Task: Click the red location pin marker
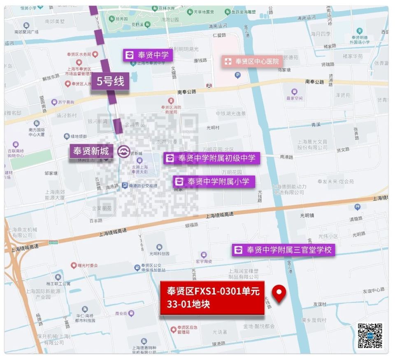click(280, 293)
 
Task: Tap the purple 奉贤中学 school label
click(148, 55)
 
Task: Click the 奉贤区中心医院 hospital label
click(252, 61)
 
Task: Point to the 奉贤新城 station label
click(91, 151)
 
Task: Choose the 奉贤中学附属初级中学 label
click(212, 158)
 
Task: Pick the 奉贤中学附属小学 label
click(214, 181)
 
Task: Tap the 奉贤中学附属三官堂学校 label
click(283, 249)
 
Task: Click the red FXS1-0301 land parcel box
click(212, 298)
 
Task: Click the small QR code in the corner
click(370, 336)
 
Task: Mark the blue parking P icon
click(237, 75)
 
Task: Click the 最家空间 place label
click(294, 98)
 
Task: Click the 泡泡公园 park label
click(170, 19)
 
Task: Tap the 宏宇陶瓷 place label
click(204, 261)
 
